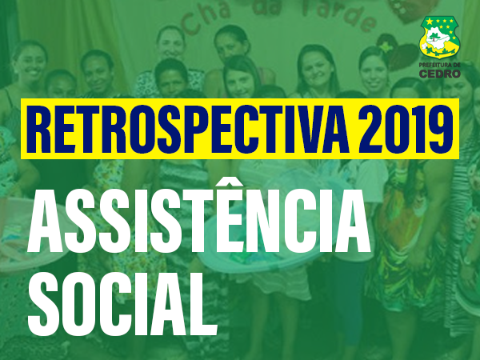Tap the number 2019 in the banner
point(406,129)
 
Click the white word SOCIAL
point(122,304)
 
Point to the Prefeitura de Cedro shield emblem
point(439,37)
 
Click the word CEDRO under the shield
point(439,74)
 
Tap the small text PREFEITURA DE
point(439,66)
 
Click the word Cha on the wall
point(206,17)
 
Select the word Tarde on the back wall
point(340,14)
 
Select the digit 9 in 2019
point(442,129)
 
